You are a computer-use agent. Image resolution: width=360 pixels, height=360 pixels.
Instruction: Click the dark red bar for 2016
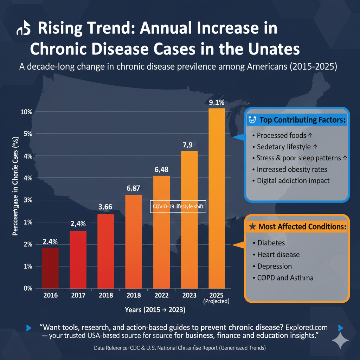[x=50, y=268]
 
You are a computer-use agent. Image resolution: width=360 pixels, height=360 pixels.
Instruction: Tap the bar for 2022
[x=161, y=232]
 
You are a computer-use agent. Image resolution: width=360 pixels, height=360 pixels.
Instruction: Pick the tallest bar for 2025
[x=217, y=199]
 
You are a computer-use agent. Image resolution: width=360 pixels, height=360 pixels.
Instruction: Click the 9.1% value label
[x=217, y=103]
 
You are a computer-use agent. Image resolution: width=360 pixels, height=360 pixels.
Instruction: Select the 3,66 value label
[x=105, y=207]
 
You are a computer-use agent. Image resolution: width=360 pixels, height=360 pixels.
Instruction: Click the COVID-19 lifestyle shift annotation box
[x=178, y=207]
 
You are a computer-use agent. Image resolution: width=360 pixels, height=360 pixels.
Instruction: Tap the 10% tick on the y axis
[x=27, y=112]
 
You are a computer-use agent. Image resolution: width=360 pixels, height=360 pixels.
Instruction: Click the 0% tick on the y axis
[x=27, y=288]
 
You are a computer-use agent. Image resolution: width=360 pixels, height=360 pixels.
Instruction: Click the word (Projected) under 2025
[x=217, y=301]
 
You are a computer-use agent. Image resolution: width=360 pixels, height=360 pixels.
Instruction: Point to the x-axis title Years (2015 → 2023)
[x=155, y=310]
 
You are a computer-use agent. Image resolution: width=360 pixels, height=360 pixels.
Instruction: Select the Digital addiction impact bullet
[x=293, y=181]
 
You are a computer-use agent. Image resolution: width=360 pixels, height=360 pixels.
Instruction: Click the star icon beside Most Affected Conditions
[x=252, y=227]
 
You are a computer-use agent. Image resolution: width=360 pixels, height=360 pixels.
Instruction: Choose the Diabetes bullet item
[x=271, y=243]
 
